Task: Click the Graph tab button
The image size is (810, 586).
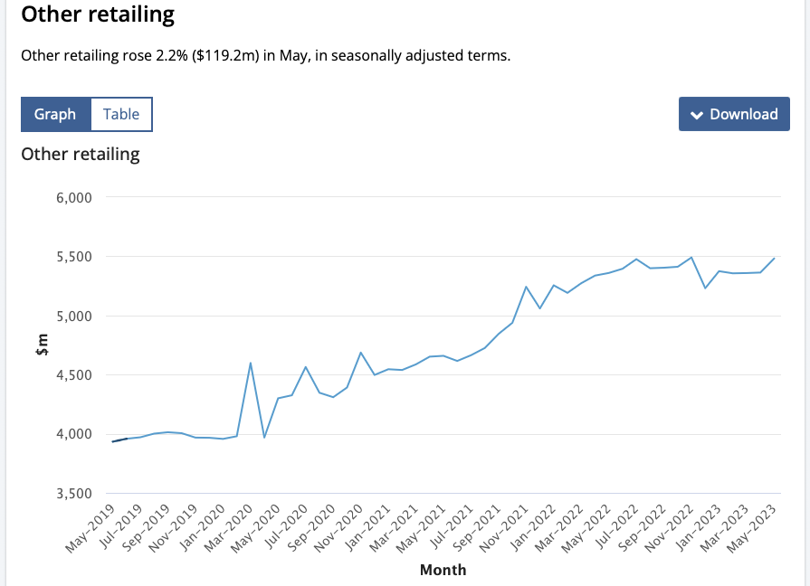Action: [x=55, y=115]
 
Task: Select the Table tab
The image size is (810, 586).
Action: [x=121, y=115]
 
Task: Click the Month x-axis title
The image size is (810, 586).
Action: [x=443, y=570]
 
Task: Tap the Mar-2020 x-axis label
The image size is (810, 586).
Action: [x=230, y=528]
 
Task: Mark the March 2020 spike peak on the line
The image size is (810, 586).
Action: [x=250, y=363]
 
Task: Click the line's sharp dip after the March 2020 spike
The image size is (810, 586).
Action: [x=264, y=438]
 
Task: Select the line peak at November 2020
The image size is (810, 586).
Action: [x=360, y=353]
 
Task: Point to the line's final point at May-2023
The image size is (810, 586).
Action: [x=775, y=258]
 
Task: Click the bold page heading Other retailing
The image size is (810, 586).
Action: [x=98, y=15]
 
